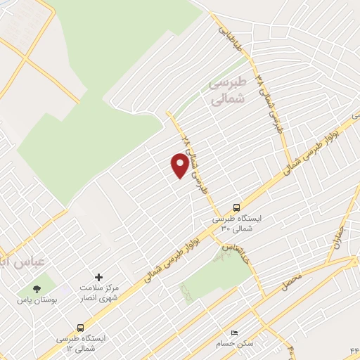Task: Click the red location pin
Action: tap(180, 165)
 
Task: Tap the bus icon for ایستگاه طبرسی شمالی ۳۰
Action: tap(236, 207)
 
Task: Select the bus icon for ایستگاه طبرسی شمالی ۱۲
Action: tap(81, 328)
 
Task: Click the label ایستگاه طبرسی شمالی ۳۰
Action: tap(237, 224)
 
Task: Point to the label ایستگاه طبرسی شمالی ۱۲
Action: tap(82, 343)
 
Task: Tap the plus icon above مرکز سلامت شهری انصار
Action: tap(98, 278)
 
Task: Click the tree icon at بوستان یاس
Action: tap(37, 288)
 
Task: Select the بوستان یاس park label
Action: tap(36, 300)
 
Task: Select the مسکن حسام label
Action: tap(236, 344)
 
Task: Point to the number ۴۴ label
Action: tap(353, 351)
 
